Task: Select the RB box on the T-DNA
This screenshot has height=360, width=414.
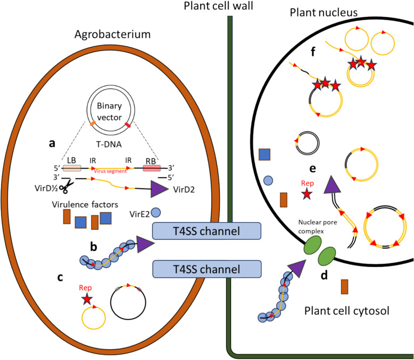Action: coord(152,168)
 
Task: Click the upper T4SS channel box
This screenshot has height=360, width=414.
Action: coord(208,232)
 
